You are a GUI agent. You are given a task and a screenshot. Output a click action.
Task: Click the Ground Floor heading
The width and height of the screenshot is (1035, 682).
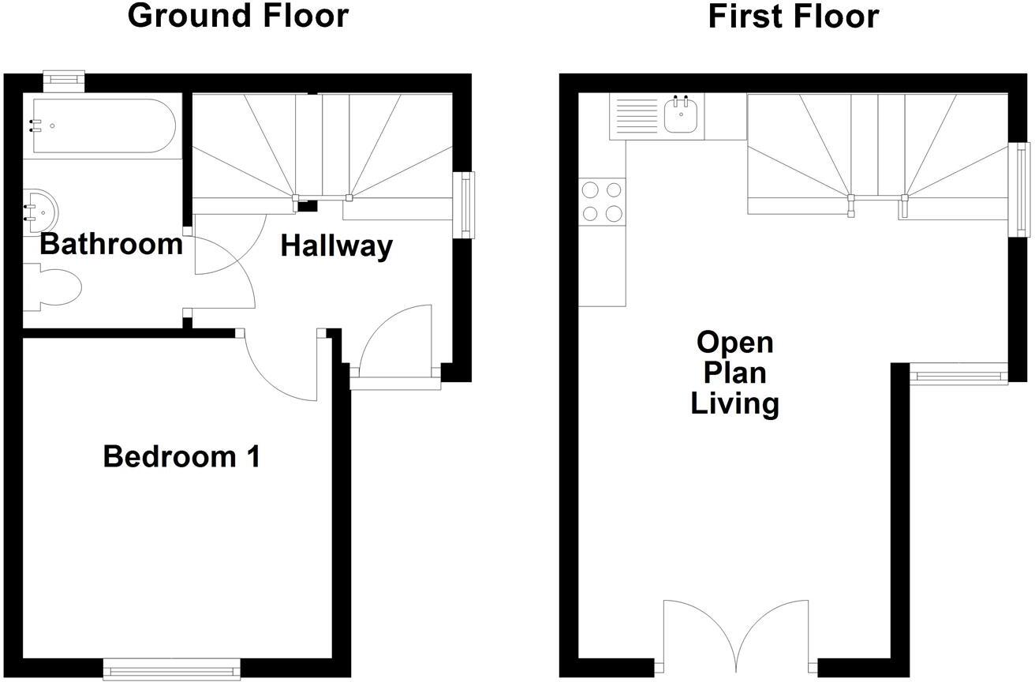[x=237, y=16]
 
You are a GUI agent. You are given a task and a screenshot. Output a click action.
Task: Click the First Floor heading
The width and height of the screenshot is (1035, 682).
[x=793, y=16]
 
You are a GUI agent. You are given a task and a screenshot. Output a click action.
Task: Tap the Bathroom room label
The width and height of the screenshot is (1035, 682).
[x=110, y=244]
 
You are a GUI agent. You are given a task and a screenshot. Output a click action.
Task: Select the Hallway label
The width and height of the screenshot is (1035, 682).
[x=337, y=246]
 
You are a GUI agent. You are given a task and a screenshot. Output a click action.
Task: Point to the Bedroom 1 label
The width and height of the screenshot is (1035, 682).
[x=181, y=456]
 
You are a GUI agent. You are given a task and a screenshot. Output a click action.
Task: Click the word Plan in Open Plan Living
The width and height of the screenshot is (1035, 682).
[x=735, y=373]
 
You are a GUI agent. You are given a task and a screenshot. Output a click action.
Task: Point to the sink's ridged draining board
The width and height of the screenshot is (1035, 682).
[x=635, y=117]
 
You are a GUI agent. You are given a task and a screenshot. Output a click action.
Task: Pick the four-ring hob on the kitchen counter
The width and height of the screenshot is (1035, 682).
[x=602, y=201]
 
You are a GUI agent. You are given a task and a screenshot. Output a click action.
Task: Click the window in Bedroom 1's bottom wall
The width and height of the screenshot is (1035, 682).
[x=172, y=669]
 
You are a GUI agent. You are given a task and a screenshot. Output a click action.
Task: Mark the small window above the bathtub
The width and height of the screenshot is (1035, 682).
[x=63, y=79]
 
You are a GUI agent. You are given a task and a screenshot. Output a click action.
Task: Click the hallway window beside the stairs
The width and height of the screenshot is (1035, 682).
[x=465, y=204]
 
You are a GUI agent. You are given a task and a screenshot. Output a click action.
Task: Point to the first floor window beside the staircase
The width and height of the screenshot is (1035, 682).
[x=1022, y=189]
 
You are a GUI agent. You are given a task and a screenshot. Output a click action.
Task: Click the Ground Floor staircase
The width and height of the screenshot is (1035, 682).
[x=322, y=150]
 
